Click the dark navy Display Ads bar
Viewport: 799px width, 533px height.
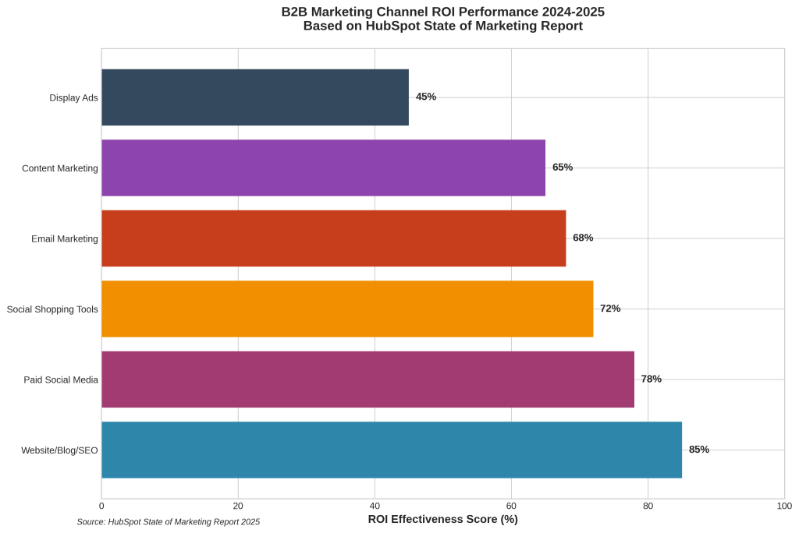click(x=255, y=97)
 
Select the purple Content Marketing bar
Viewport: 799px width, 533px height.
click(x=323, y=168)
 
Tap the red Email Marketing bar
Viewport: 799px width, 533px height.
click(x=333, y=238)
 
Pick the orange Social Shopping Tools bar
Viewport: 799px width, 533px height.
click(x=347, y=309)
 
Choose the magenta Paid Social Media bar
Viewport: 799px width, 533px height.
click(x=368, y=379)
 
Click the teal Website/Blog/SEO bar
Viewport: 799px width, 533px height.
click(x=392, y=450)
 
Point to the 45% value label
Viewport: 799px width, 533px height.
click(x=426, y=97)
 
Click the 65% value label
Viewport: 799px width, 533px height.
click(x=563, y=168)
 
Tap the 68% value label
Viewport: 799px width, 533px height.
click(x=583, y=238)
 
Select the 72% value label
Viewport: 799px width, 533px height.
click(x=610, y=309)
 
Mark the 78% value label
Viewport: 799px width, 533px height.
click(x=651, y=379)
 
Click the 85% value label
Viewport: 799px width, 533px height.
click(x=699, y=450)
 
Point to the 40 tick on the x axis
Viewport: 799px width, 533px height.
click(x=375, y=506)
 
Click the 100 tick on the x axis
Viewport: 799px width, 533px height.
click(x=784, y=506)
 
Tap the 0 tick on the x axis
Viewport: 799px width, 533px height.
click(x=101, y=506)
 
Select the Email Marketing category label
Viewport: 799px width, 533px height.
click(x=65, y=238)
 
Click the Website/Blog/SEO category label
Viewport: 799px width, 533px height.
click(x=59, y=450)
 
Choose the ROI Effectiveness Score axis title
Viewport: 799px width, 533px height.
click(x=442, y=519)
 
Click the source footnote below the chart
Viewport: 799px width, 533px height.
click(x=169, y=522)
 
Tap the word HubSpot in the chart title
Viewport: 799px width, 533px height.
click(x=393, y=26)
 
